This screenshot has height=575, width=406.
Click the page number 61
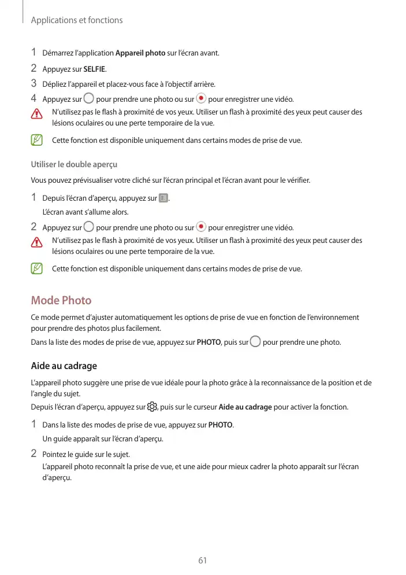coord(202,560)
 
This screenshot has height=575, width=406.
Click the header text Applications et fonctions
coord(76,20)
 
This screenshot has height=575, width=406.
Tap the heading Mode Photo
coord(61,300)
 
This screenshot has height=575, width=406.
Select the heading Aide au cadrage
coord(64,366)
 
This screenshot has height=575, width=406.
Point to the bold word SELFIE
coord(94,69)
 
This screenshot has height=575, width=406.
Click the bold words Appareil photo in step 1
coord(140,54)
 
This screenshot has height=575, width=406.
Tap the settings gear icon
coord(153,407)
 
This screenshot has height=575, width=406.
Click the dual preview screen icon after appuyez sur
coord(163,198)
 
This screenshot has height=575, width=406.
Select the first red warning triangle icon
coord(38,113)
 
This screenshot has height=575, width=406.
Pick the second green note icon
coord(38,268)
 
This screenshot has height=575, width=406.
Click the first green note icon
coord(38,140)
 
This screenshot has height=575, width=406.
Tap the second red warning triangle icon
coord(38,242)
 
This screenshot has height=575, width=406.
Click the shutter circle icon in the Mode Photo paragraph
coord(255,342)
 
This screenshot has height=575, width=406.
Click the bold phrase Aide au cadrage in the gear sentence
coord(246,407)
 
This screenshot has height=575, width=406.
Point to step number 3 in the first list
coord(34,83)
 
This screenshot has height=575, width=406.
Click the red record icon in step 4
coord(201,98)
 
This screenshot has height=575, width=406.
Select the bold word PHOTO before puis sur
coord(208,342)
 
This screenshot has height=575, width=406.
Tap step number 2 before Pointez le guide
coord(34,453)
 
